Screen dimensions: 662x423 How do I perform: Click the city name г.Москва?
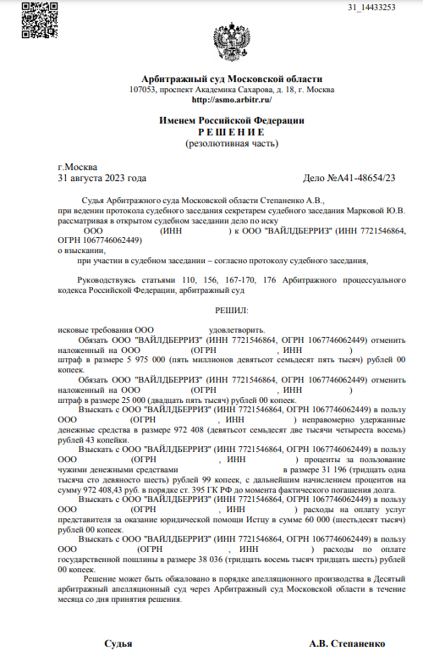tap(77, 167)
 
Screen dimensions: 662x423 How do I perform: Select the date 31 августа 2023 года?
tap(102, 178)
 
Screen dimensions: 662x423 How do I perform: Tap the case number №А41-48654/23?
tap(366, 178)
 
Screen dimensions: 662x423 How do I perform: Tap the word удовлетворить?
tap(236, 328)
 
